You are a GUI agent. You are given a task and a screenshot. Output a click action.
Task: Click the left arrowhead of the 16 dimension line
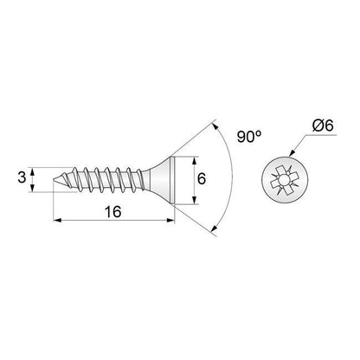click(x=57, y=222)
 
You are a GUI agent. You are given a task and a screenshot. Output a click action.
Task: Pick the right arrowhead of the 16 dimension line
click(x=171, y=222)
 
